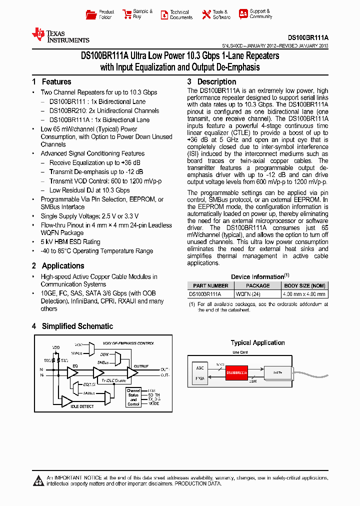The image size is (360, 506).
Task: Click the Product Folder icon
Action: pyautogui.click(x=90, y=14)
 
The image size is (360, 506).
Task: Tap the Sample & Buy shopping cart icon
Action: pyautogui.click(x=126, y=14)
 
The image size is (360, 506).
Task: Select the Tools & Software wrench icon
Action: pyautogui.click(x=206, y=14)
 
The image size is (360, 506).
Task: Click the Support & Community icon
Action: pyautogui.click(x=243, y=14)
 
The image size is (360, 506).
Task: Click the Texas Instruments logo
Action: pyautogui.click(x=60, y=35)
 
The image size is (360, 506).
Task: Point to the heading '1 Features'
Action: pyautogui.click(x=51, y=82)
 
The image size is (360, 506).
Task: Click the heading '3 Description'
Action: pyautogui.click(x=211, y=82)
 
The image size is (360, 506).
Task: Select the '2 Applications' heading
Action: pyautogui.click(x=58, y=266)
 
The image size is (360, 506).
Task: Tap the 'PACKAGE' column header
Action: pyautogui.click(x=258, y=285)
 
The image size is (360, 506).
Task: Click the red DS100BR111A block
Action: pyautogui.click(x=236, y=372)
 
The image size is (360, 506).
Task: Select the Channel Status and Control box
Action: pyautogui.click(x=133, y=397)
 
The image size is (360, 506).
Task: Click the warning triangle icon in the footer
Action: pyautogui.click(x=38, y=481)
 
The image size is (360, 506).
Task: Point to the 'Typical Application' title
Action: pyautogui.click(x=257, y=342)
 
